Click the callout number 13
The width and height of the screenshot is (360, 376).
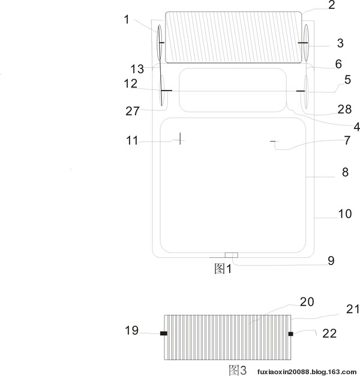137,69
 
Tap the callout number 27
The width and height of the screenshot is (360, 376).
132,112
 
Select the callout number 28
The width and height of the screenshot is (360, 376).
344,109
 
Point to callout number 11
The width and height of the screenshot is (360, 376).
132,140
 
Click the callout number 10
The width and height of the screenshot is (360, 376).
345,213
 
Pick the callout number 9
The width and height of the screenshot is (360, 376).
331,261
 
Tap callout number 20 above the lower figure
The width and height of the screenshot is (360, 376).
307,302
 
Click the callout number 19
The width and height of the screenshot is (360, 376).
132,330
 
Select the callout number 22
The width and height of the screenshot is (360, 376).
329,333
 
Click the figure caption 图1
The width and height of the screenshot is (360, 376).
223,269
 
